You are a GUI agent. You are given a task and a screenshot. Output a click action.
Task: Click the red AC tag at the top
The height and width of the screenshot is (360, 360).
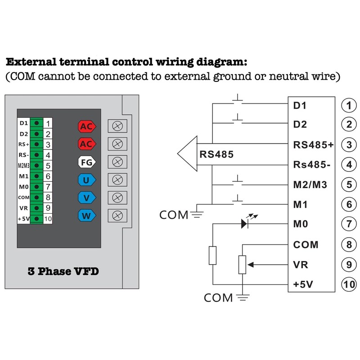[x=87, y=126]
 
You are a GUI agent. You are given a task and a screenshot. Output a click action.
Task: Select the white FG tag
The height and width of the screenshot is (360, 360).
[x=87, y=162]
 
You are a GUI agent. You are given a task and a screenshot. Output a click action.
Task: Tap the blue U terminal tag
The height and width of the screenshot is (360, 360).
[x=87, y=180]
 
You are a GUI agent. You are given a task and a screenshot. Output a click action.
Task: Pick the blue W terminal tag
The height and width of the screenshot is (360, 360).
[x=87, y=216]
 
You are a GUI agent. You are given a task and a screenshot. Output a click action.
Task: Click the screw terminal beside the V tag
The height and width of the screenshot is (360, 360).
[x=117, y=198]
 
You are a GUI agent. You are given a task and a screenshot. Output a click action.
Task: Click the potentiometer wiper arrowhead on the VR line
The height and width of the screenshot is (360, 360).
[x=251, y=265]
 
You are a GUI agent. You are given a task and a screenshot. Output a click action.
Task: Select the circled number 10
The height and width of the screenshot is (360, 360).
[x=349, y=285]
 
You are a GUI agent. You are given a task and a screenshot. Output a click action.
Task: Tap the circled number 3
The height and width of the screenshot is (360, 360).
[x=349, y=145]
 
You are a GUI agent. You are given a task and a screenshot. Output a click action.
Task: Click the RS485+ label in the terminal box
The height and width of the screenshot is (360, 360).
[x=313, y=145]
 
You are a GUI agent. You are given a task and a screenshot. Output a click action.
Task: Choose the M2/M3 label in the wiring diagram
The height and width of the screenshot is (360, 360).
[x=310, y=184]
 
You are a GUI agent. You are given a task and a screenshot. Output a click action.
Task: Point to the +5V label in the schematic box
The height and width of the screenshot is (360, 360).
[x=303, y=284]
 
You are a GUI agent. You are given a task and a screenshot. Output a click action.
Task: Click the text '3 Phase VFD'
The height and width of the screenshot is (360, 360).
[x=63, y=271]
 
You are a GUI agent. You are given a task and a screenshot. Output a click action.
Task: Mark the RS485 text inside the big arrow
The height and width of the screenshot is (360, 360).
[x=216, y=154]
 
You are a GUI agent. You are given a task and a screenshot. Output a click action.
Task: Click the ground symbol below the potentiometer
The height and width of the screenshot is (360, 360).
[x=243, y=297]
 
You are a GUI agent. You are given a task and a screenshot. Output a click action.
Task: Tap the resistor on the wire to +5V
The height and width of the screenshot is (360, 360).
[x=212, y=255]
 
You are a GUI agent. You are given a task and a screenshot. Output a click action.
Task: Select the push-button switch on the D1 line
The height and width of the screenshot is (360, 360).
[x=238, y=101]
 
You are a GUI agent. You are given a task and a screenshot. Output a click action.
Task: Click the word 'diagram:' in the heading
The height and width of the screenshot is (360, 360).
[x=221, y=62]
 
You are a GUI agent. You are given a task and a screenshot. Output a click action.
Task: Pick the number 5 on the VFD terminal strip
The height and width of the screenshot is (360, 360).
[x=48, y=166]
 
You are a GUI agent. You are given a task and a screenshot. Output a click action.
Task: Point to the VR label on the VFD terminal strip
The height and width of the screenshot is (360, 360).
[x=23, y=208]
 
